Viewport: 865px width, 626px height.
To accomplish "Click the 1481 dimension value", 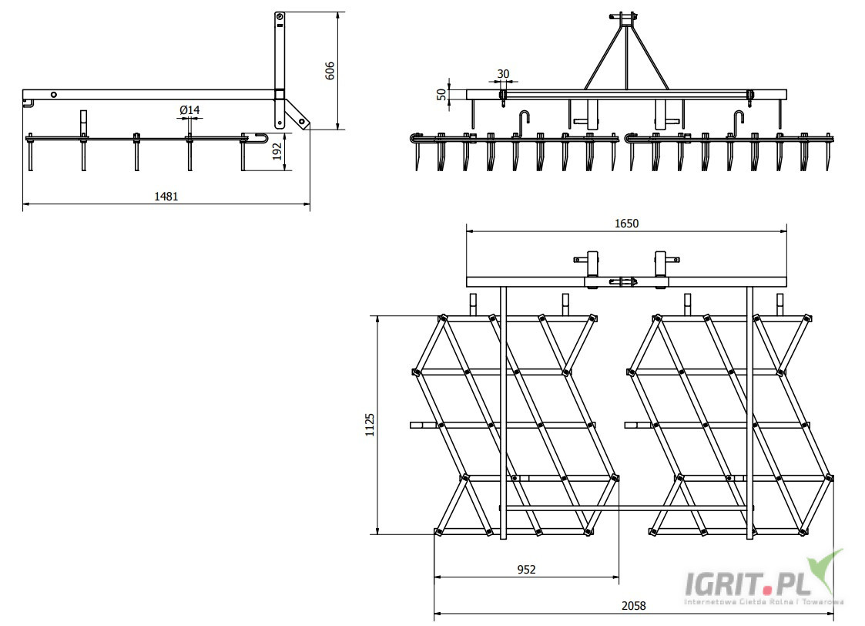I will (166, 196).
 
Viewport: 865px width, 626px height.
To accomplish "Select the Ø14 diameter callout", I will (189, 110).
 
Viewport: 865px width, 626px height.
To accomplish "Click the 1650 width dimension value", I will (626, 224).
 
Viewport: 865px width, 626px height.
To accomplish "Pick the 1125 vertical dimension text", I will (370, 424).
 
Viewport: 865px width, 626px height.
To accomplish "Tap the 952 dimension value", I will (526, 570).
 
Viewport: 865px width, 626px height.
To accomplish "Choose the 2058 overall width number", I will (633, 606).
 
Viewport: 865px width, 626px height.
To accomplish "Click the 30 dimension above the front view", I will (503, 74).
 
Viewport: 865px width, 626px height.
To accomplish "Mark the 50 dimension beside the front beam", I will (441, 94).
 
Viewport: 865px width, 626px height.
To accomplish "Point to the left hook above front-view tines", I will (525, 120).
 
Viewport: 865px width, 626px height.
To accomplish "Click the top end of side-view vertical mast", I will (280, 17).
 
